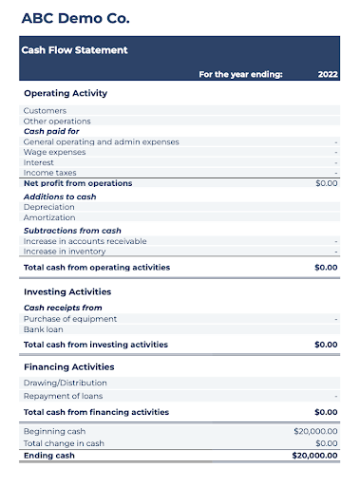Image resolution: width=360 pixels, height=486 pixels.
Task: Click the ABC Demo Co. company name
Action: pos(76,18)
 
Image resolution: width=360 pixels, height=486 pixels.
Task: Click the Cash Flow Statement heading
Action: pos(74,50)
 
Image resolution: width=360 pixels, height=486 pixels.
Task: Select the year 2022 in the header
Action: pos(327,74)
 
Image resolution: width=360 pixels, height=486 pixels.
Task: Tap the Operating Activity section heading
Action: pos(66,93)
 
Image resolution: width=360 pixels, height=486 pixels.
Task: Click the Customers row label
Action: pos(45,111)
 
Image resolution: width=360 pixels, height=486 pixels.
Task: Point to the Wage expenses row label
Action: pos(54,152)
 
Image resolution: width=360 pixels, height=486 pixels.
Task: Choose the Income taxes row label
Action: pos(50,173)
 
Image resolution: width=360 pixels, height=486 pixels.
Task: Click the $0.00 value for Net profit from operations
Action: pos(326,183)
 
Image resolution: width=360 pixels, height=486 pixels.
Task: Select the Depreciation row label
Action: pos(48,207)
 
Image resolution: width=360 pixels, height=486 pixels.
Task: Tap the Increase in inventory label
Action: pos(65,252)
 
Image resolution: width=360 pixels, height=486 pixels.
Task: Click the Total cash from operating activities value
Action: pos(326,268)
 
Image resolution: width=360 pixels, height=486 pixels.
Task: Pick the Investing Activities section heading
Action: pos(67,291)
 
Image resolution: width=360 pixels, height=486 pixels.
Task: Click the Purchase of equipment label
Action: pos(70,319)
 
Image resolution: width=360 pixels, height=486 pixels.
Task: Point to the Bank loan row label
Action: pos(44,329)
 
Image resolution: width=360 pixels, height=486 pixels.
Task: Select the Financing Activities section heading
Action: pos(68,366)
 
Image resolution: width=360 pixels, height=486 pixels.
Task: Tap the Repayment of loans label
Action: pos(63,396)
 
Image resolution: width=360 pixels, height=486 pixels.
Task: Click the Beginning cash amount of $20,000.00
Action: pos(315,432)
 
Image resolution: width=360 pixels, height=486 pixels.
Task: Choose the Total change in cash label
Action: pos(64,443)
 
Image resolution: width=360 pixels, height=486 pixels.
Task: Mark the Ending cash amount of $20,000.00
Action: pos(314,456)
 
